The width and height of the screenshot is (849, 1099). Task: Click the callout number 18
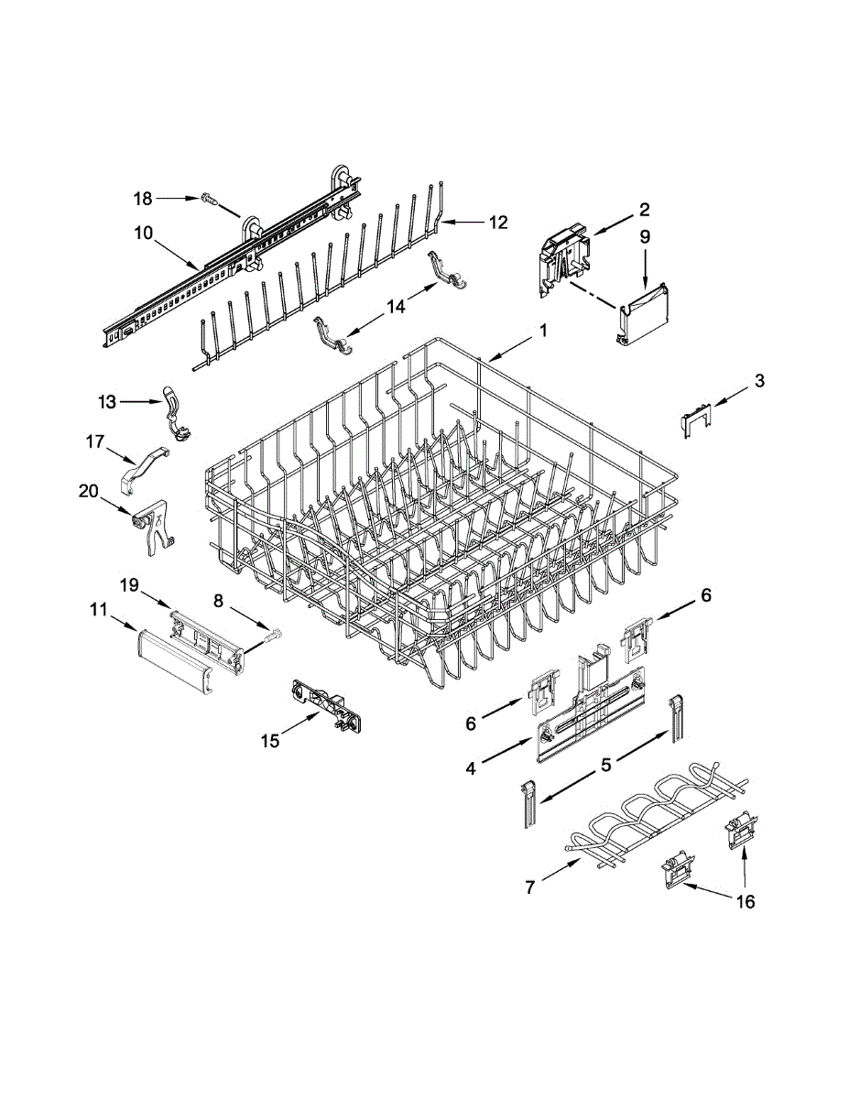(143, 198)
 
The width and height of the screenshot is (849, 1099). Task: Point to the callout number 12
(497, 222)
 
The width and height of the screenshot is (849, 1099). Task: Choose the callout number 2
(644, 208)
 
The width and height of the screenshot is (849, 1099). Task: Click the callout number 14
(396, 307)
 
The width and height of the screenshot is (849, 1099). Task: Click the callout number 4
(470, 769)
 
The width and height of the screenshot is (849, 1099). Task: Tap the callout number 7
(529, 886)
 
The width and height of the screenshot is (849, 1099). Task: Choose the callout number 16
(746, 902)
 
